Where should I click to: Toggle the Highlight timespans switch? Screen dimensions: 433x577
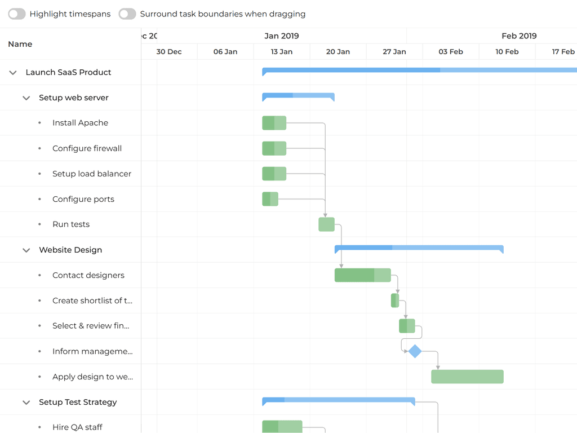click(x=17, y=14)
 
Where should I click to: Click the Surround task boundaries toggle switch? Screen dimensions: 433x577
click(x=127, y=14)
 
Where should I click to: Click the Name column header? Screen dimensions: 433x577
click(x=20, y=44)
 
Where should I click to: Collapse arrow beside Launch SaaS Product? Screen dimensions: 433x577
click(x=13, y=73)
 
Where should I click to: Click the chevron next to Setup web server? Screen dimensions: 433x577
click(x=26, y=98)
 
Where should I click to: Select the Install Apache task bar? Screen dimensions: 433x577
click(x=274, y=123)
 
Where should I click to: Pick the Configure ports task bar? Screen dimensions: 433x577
click(x=270, y=199)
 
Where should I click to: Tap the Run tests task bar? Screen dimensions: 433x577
click(x=326, y=224)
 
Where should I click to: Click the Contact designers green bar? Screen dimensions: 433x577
click(x=362, y=275)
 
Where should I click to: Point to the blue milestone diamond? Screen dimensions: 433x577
click(x=415, y=351)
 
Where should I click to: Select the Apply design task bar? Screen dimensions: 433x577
click(x=467, y=377)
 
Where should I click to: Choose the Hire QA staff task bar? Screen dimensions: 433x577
click(x=282, y=427)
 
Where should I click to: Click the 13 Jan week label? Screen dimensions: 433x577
click(x=282, y=52)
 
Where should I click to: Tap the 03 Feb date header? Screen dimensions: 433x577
click(x=451, y=52)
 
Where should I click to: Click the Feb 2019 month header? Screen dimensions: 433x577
click(x=519, y=36)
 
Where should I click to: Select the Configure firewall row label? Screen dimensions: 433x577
click(x=87, y=148)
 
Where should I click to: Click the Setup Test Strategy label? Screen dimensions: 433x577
click(x=78, y=402)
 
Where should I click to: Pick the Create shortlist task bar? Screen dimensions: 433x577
click(x=395, y=301)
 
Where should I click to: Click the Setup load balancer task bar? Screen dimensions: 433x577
click(x=274, y=174)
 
